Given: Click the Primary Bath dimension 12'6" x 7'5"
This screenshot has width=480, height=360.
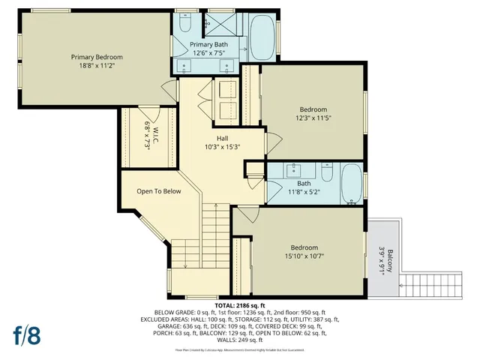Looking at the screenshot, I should click(209, 53).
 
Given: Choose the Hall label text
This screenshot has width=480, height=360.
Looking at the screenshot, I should click(223, 138).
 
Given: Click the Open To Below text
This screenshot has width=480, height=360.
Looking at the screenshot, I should click(158, 191).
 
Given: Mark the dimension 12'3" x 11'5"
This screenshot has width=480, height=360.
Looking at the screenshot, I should click(312, 118).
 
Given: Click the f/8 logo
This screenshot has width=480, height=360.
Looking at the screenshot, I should click(26, 334).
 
